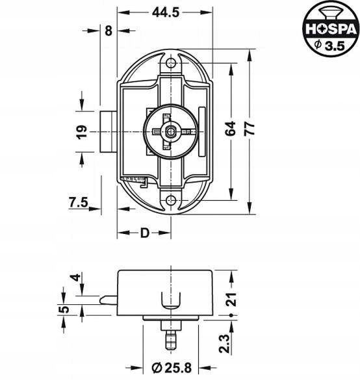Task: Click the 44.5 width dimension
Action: coord(165,12)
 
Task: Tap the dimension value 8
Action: coord(109,31)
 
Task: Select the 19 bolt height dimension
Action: coord(82,132)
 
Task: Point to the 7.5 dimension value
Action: coord(79,202)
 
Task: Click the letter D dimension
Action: coord(144,233)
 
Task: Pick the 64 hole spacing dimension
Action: coord(230,128)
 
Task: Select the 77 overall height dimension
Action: coord(250,128)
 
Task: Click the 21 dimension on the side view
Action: coord(231,299)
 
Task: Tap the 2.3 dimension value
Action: coord(224,344)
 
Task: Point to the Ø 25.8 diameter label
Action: coord(172,368)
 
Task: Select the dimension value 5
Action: coord(64,309)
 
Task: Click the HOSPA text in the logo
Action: coord(331,29)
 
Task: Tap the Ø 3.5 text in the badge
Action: coord(329,45)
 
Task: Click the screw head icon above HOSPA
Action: coord(330,13)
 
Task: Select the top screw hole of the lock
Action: coord(171,62)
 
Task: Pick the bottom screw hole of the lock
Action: coord(171,200)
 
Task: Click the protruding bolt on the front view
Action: coord(109,132)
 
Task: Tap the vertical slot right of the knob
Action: coord(202,132)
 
